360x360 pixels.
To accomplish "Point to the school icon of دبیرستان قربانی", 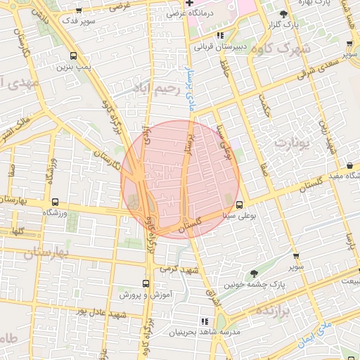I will point(220,35).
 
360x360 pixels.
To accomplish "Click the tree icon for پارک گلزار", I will point(283,14).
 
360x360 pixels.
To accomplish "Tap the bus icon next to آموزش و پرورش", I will point(146,284).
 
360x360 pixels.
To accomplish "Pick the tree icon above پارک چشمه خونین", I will point(254,274).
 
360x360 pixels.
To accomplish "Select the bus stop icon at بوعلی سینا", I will point(240,205).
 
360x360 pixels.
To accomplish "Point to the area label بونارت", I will point(291,145).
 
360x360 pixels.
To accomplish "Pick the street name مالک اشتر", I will point(15,125).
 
